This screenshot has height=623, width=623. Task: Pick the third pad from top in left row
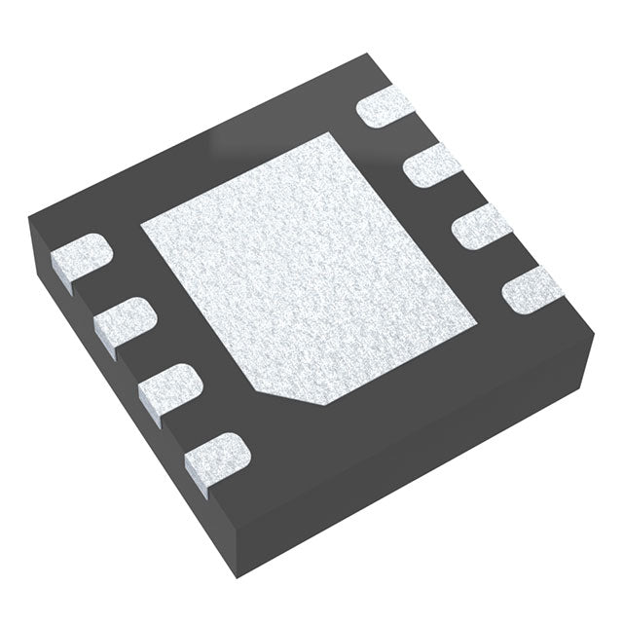[168, 385]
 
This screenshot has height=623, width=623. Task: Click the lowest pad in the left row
[216, 454]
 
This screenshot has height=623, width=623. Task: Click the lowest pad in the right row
[531, 289]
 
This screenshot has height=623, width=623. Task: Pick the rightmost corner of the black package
[593, 332]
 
